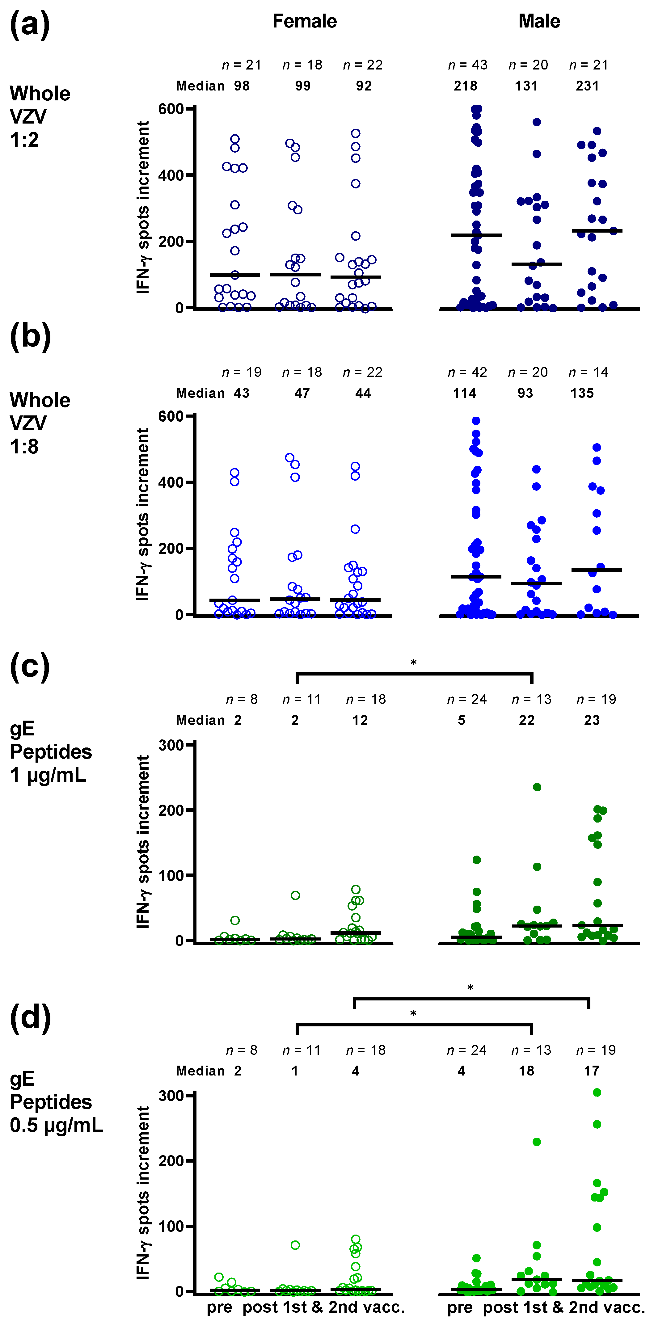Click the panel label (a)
pyautogui.click(x=30, y=25)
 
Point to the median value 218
pyautogui.click(x=465, y=86)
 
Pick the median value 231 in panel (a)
pyautogui.click(x=587, y=86)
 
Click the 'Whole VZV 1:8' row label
pyautogui.click(x=40, y=423)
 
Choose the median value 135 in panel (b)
pyautogui.click(x=582, y=393)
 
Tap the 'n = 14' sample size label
pyautogui.click(x=588, y=372)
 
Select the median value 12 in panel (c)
pyautogui.click(x=360, y=720)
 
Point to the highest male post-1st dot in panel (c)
pyautogui.click(x=537, y=787)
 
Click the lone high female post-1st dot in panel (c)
pyautogui.click(x=295, y=895)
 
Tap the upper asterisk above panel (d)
pyautogui.click(x=470, y=988)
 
